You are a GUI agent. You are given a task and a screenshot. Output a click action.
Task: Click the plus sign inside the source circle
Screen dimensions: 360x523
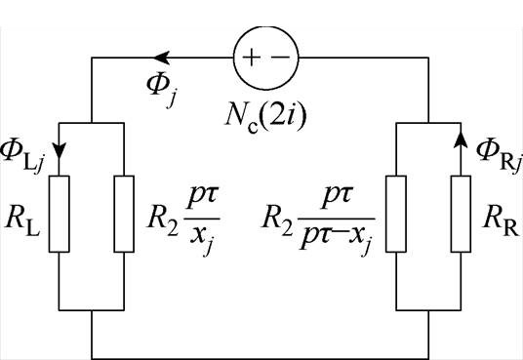251,58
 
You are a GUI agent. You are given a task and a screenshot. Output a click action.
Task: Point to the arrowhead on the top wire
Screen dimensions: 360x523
163,58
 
